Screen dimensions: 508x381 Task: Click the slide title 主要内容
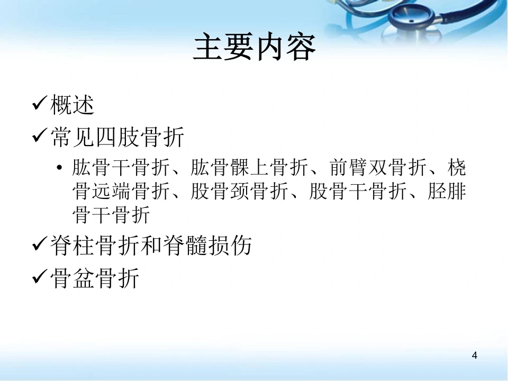click(x=255, y=47)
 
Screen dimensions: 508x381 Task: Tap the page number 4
click(x=475, y=356)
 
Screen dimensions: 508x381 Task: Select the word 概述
click(x=72, y=105)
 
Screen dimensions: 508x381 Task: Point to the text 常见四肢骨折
click(x=117, y=137)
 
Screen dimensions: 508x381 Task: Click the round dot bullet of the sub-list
click(x=59, y=168)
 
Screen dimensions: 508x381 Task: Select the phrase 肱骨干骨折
click(x=121, y=168)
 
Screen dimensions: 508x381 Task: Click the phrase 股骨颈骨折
click(x=239, y=191)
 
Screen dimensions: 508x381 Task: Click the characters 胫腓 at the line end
click(x=447, y=191)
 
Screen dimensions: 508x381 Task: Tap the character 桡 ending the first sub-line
click(x=457, y=168)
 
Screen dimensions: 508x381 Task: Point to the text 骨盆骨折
click(x=95, y=278)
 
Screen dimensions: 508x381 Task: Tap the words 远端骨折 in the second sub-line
click(x=131, y=191)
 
